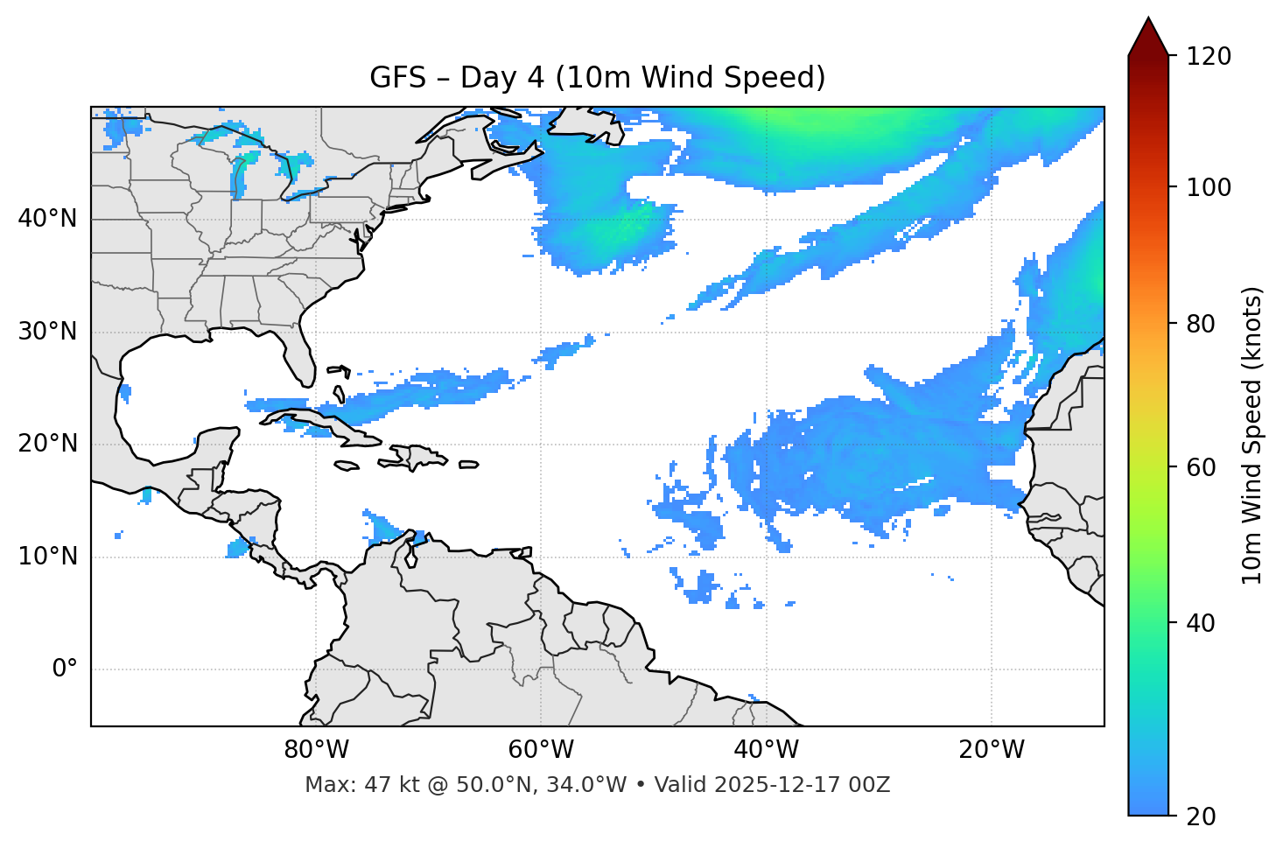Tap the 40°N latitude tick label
47,219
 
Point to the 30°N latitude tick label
47,332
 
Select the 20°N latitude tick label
47,444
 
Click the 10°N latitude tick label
47,557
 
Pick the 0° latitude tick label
64,669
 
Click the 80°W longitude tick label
316,750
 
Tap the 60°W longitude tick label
541,750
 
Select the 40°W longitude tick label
766,750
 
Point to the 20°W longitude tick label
991,750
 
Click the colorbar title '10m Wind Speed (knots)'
1252,435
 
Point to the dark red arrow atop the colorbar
1148,37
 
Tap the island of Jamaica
347,466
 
